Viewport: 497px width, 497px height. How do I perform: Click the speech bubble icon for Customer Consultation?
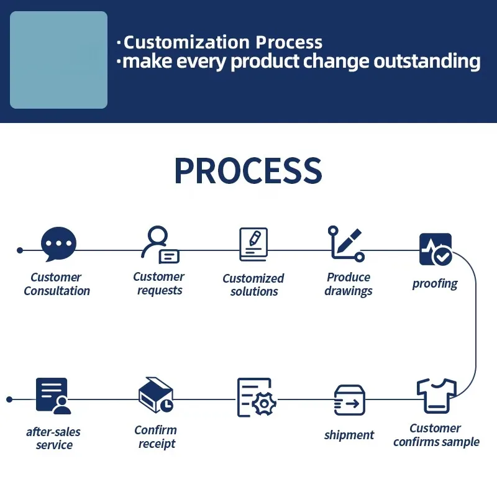(x=58, y=244)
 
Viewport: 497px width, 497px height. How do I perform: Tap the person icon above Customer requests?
(x=157, y=241)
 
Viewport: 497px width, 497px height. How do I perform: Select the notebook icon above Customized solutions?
(x=253, y=244)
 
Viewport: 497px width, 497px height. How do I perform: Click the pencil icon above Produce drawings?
(x=349, y=240)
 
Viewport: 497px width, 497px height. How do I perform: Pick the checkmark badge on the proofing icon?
(x=442, y=256)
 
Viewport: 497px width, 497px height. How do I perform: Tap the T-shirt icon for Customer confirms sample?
(x=437, y=396)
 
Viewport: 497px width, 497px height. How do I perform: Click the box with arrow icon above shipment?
(x=350, y=400)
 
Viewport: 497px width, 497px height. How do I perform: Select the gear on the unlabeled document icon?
(x=264, y=403)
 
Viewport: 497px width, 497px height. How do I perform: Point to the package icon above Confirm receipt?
(x=156, y=394)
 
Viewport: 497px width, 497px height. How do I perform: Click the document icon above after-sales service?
(x=53, y=396)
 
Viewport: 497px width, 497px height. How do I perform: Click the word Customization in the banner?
(x=186, y=42)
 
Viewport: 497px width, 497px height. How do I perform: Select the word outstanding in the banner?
(x=427, y=62)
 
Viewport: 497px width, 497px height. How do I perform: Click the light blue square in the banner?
(x=58, y=60)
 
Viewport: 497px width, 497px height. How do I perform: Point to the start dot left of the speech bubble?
(x=20, y=250)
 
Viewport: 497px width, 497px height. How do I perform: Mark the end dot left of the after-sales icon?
(x=9, y=399)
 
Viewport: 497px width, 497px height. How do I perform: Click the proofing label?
(x=435, y=284)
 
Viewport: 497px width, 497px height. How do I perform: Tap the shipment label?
(x=349, y=435)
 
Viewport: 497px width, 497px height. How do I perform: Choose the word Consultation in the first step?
(x=57, y=291)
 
